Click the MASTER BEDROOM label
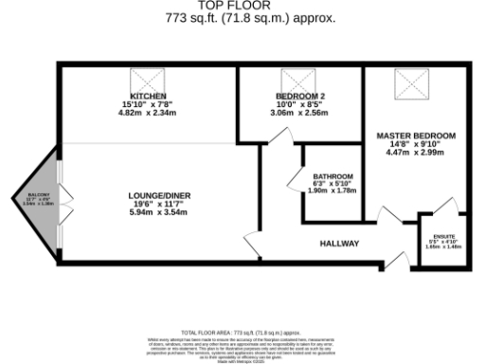415,136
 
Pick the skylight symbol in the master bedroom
414,87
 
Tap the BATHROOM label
332,176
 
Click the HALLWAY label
338,244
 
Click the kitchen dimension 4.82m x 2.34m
147,112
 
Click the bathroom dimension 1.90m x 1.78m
332,190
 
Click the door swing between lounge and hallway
251,239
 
